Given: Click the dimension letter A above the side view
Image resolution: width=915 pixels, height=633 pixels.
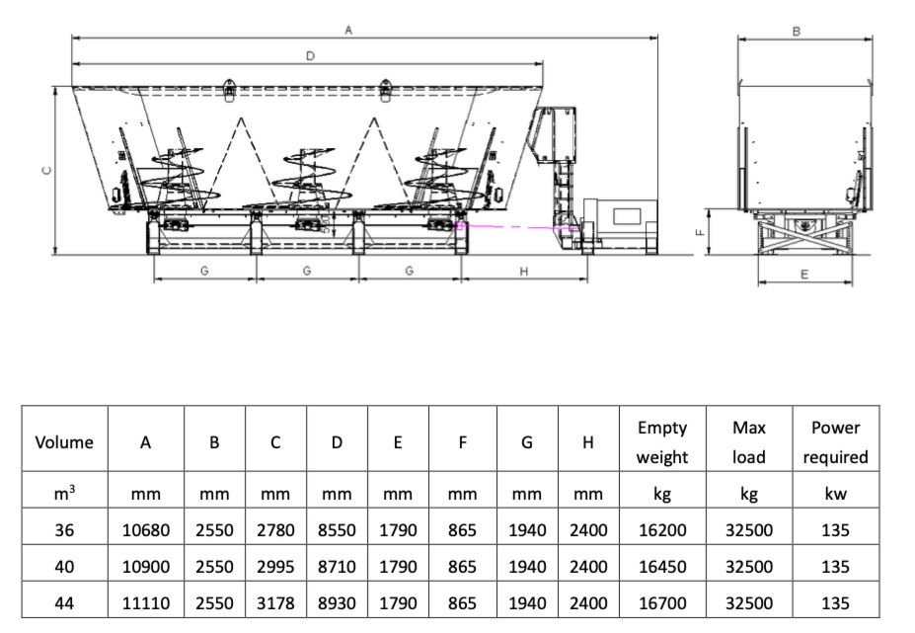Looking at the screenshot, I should tap(347, 31).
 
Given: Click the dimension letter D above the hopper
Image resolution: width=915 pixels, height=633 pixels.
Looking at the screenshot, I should tap(309, 56).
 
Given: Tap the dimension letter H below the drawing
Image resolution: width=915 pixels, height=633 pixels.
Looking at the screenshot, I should tap(524, 272).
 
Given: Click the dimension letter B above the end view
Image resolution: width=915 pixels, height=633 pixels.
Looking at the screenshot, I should tap(797, 31).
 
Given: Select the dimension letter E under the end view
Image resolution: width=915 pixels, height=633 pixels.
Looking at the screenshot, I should tap(803, 276).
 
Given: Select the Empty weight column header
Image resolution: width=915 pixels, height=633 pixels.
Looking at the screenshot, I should tap(661, 442).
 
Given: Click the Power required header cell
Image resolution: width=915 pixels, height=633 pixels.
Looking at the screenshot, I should tap(835, 442).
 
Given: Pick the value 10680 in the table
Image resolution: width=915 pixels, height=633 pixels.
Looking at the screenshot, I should tap(145, 530).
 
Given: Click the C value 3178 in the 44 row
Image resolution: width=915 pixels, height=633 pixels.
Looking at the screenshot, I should tap(275, 602).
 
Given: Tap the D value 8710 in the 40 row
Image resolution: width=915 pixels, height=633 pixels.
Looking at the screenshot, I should tap(337, 567).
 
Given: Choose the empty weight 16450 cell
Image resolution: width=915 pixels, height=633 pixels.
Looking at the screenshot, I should tap(661, 567).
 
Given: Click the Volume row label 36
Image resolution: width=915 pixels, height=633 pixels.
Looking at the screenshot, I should tap(64, 530).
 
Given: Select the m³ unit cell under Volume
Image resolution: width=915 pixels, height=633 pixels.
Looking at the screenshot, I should tap(64, 494).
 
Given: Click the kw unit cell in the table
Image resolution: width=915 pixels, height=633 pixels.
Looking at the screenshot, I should tap(835, 494).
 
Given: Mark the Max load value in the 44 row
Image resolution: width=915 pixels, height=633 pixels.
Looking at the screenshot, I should tap(749, 602).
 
